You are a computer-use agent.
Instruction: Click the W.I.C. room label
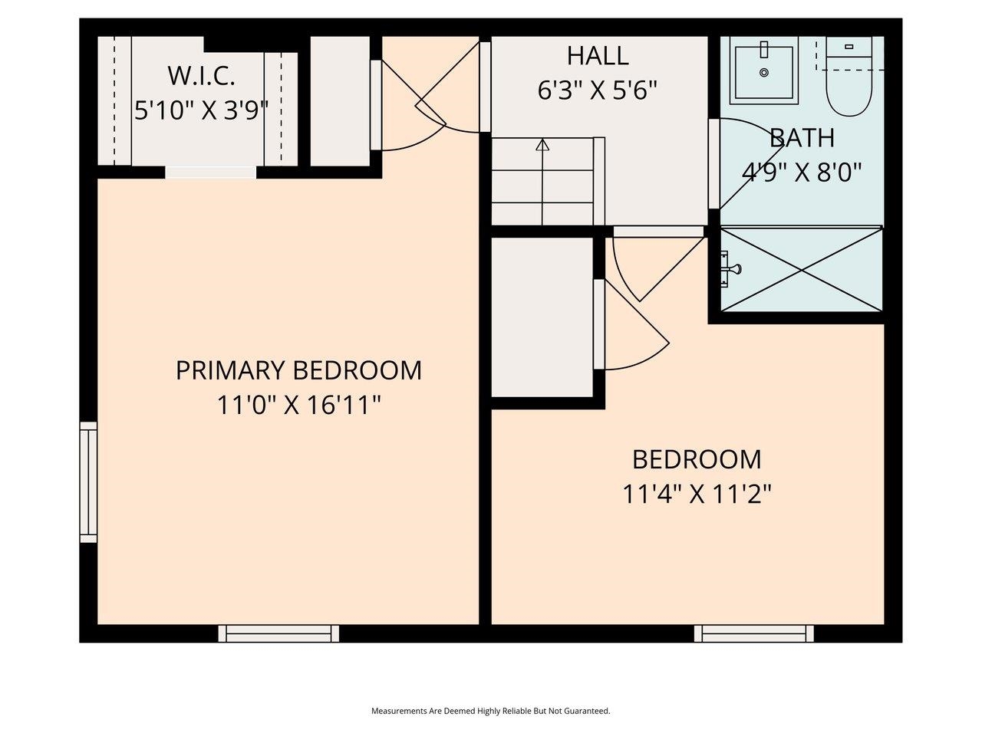pos(200,76)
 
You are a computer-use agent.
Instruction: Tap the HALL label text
pos(598,56)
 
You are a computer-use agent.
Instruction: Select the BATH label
pos(802,138)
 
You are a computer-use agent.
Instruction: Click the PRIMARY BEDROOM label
pos(298,370)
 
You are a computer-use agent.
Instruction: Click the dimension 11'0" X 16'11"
pos(298,405)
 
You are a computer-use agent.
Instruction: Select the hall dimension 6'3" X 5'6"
pos(598,91)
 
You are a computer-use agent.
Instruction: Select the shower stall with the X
pos(802,269)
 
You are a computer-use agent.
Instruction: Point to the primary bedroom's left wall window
pos(89,482)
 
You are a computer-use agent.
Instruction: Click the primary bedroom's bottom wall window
pos(278,633)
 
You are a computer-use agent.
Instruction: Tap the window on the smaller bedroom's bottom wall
pos(754,633)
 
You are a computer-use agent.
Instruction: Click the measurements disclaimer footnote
pos(491,711)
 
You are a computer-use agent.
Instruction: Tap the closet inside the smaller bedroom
pos(542,317)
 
